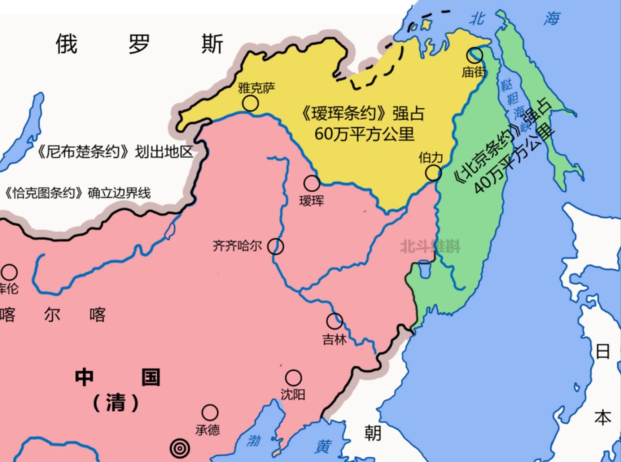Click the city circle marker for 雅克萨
250,104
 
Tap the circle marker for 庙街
475,55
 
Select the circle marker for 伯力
433,173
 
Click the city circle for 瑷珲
312,183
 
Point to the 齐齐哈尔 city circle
275,247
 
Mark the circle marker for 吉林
334,321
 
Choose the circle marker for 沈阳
293,378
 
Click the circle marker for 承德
210,413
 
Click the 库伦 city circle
9,272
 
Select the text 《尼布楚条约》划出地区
115,152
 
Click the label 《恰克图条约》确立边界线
76,193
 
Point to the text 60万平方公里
364,134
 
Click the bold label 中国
117,377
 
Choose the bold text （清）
116,403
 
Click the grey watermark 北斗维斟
430,247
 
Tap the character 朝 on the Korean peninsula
373,432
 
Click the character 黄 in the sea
323,446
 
